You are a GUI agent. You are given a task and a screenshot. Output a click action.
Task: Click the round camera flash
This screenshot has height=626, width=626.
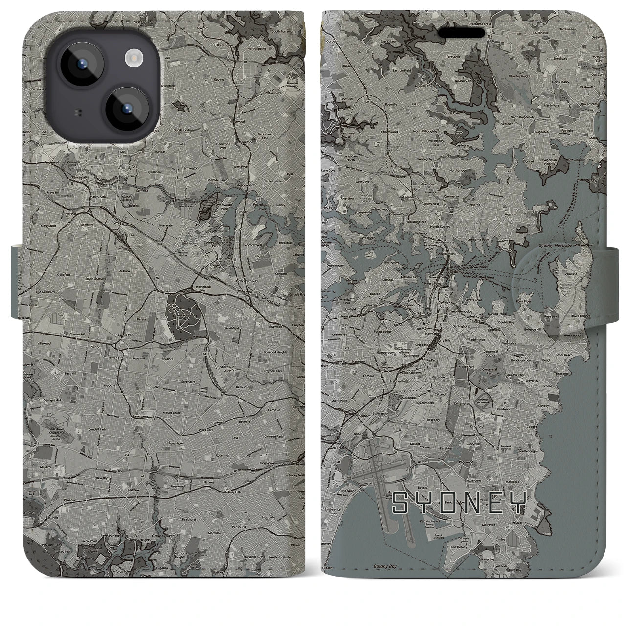[x=133, y=59]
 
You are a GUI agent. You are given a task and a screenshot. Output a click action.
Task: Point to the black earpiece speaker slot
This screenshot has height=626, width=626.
[x=461, y=33]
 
